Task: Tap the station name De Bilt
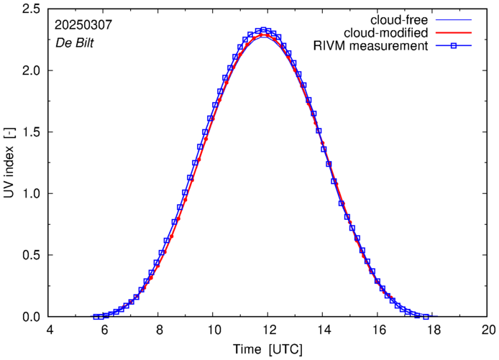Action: click(x=75, y=42)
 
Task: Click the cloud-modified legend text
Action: click(x=387, y=32)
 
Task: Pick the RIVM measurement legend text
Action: click(x=371, y=46)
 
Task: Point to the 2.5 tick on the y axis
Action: click(x=31, y=9)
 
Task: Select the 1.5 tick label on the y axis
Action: click(x=31, y=132)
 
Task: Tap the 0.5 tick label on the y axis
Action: click(x=31, y=255)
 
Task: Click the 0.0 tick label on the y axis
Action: click(x=31, y=317)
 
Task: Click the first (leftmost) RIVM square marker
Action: click(x=96, y=317)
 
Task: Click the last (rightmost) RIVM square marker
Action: click(x=426, y=317)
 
